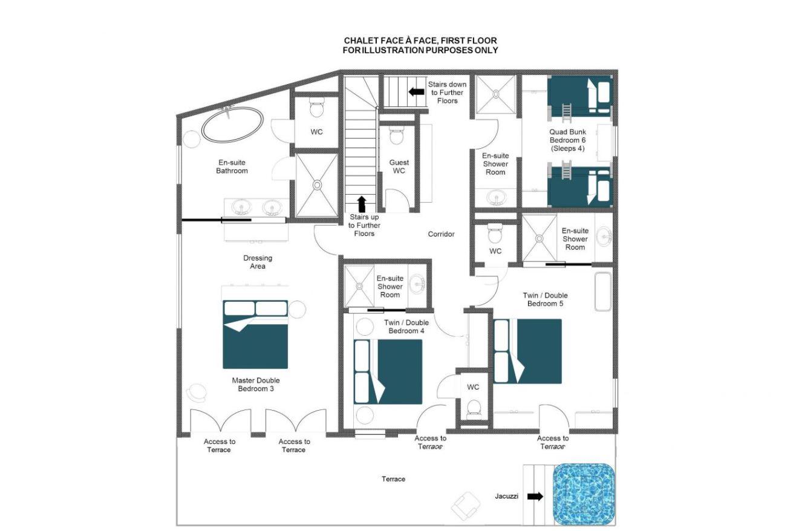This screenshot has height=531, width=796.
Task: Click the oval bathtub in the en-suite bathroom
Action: click(x=232, y=125)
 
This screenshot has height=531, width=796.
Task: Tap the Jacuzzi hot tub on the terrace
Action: click(x=584, y=494)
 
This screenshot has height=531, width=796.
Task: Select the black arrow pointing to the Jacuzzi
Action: click(x=535, y=496)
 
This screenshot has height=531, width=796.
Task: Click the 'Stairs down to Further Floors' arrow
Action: click(x=417, y=92)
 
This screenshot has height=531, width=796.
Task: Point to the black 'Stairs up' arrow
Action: click(x=361, y=204)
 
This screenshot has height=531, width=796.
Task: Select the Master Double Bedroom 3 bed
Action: click(x=255, y=334)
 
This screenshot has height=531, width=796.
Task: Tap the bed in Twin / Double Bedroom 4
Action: click(x=388, y=372)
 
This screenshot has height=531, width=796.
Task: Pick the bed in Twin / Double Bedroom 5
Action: click(x=527, y=351)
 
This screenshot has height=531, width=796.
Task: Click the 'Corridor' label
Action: click(x=441, y=234)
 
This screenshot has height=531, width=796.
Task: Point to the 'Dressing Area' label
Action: click(x=258, y=262)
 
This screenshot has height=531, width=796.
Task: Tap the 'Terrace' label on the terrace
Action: click(x=393, y=479)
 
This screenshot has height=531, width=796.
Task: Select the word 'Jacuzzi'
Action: click(x=506, y=496)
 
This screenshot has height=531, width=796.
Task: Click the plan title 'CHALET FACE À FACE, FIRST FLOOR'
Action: click(x=420, y=41)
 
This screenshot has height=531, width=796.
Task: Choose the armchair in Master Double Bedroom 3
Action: click(x=197, y=393)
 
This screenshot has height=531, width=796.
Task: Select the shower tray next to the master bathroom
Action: click(x=316, y=185)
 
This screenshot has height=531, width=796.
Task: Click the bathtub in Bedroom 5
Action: click(x=603, y=292)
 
